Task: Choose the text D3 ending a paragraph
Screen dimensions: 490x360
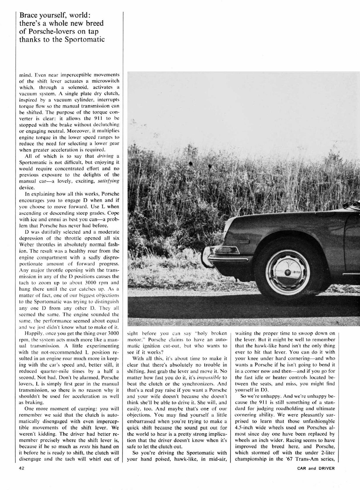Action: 265,390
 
